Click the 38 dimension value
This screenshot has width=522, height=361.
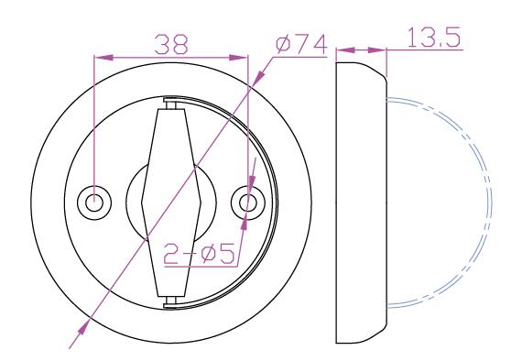tap(171, 44)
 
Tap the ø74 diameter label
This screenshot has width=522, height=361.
tap(301, 45)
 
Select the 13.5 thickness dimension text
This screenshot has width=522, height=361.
tap(434, 37)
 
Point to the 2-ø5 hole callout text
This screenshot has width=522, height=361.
tap(200, 254)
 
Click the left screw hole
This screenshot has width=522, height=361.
tap(94, 202)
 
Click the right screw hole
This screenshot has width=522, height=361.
tap(248, 202)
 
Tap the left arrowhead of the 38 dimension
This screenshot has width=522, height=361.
tap(103, 58)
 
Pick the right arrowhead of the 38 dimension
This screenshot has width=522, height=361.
tap(239, 58)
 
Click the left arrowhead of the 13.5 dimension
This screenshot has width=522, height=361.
tap(345, 50)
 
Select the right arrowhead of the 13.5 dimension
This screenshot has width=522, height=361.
tap(377, 50)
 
